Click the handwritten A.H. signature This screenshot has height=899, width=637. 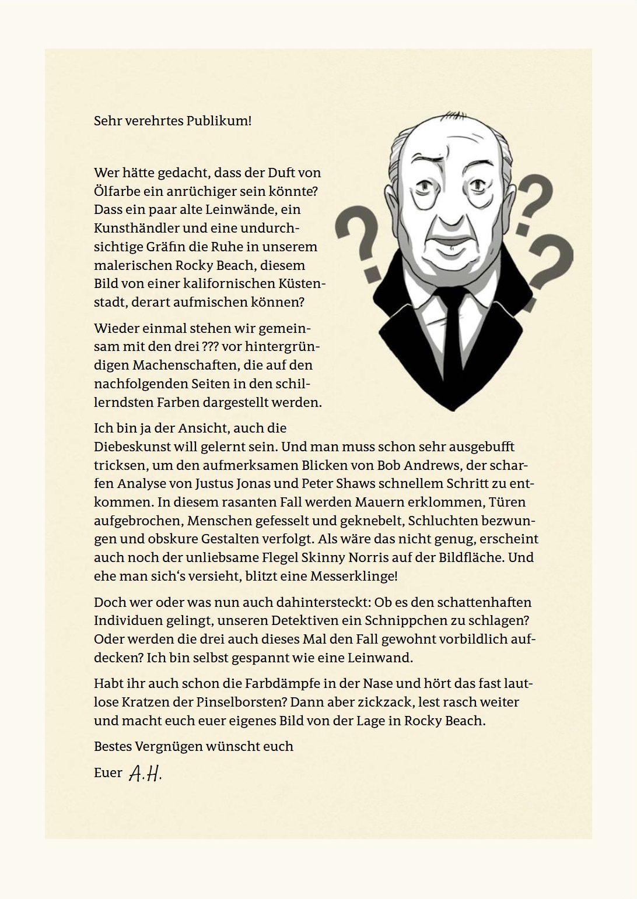coord(145,774)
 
